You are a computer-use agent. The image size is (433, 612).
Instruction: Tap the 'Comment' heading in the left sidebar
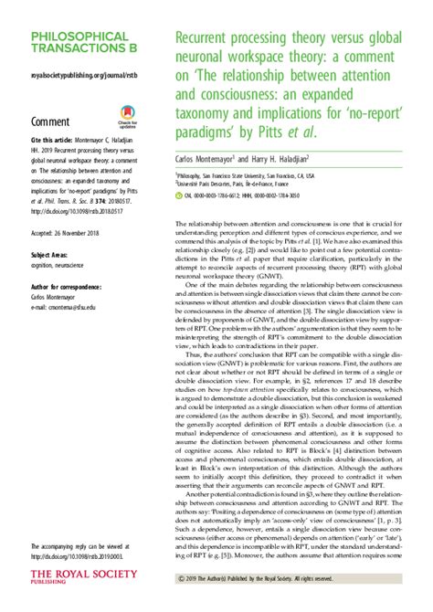[51, 120]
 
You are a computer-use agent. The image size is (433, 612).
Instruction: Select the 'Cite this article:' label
[56, 141]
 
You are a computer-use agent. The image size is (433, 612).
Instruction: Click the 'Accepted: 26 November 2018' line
[73, 206]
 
